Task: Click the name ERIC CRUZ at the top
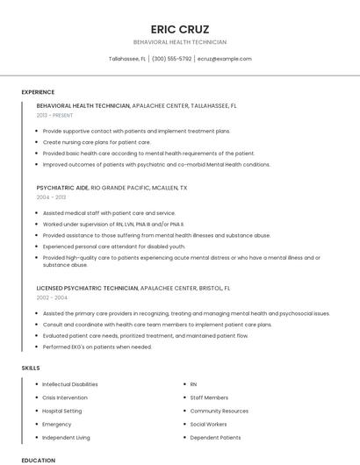pyautogui.click(x=180, y=29)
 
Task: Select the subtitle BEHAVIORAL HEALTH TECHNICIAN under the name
pyautogui.click(x=180, y=42)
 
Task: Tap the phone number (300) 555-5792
pyautogui.click(x=171, y=59)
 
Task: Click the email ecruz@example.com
pyautogui.click(x=225, y=59)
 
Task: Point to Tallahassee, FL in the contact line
pyautogui.click(x=127, y=59)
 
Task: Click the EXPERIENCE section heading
pyautogui.click(x=38, y=92)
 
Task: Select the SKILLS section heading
pyautogui.click(x=31, y=368)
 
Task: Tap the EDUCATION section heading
pyautogui.click(x=38, y=460)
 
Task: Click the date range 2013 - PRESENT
pyautogui.click(x=55, y=115)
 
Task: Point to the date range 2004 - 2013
pyautogui.click(x=51, y=197)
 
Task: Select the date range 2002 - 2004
pyautogui.click(x=52, y=297)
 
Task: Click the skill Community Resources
pyautogui.click(x=220, y=411)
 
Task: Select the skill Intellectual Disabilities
pyautogui.click(x=70, y=384)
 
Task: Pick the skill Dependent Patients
pyautogui.click(x=215, y=437)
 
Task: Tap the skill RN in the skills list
pyautogui.click(x=194, y=384)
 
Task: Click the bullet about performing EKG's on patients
pyautogui.click(x=97, y=347)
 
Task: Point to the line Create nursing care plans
pyautogui.click(x=97, y=142)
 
